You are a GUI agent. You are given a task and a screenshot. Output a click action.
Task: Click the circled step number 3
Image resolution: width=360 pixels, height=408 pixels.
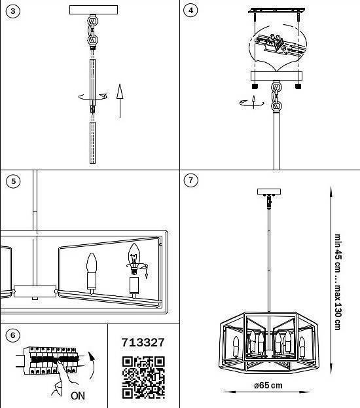tap(12, 11)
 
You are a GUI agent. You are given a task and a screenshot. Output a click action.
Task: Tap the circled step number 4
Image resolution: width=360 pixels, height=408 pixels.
tap(190, 10)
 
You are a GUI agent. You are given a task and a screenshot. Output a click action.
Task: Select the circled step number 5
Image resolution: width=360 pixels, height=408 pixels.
tap(13, 181)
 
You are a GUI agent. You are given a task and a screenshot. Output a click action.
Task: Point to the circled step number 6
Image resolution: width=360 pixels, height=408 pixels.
tap(12, 335)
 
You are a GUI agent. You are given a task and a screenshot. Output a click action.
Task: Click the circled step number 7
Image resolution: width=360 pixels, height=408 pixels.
tap(190, 180)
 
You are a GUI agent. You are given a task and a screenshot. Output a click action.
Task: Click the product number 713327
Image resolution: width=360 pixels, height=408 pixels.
tap(143, 343)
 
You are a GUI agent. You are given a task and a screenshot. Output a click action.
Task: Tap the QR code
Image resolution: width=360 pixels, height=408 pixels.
tap(143, 378)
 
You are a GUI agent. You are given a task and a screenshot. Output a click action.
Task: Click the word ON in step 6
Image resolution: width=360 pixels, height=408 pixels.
tap(77, 396)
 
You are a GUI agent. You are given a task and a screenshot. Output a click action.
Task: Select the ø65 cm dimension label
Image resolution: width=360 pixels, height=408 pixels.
tap(268, 385)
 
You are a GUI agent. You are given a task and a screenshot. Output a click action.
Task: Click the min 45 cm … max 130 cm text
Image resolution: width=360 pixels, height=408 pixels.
tap(337, 282)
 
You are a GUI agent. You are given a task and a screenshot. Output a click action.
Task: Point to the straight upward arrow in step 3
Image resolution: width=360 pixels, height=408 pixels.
tap(120, 101)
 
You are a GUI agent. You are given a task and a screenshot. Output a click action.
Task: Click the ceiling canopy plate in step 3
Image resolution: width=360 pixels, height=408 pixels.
tap(94, 10)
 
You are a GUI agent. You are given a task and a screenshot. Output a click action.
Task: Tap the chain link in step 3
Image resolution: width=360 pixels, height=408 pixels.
tap(92, 31)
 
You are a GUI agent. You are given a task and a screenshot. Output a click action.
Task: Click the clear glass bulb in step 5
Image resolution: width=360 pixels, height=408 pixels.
tap(134, 256)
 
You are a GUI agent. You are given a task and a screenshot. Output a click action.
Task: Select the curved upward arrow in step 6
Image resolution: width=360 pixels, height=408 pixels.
tap(92, 365)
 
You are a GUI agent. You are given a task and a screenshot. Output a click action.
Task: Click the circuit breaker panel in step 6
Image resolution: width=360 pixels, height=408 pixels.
tap(50, 360)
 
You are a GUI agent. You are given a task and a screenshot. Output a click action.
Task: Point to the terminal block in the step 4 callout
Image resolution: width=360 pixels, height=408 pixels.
tap(275, 42)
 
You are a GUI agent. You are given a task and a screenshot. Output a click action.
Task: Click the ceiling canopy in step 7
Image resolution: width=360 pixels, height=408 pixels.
tap(269, 192)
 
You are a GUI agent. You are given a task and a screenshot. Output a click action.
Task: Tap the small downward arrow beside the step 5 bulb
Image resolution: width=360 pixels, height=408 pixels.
tap(147, 274)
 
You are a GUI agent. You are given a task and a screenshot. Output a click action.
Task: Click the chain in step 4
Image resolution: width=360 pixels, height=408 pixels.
tap(276, 96)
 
